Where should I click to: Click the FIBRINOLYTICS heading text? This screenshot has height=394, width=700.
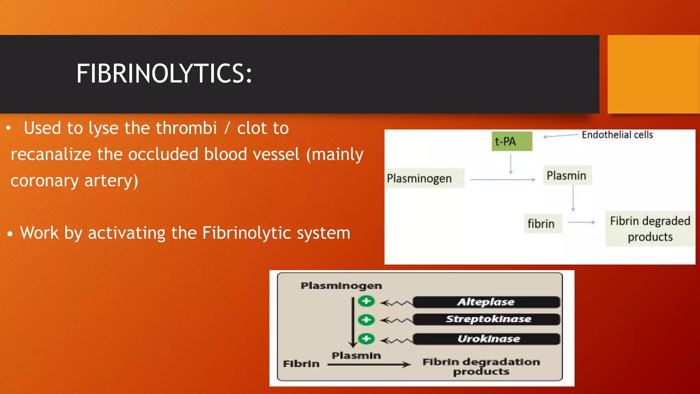point(164,74)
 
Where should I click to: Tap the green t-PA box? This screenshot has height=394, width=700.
point(512,141)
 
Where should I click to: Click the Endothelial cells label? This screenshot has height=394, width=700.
point(617,135)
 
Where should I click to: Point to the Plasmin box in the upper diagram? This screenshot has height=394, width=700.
point(567,175)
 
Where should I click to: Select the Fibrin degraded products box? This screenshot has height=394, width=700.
point(650,229)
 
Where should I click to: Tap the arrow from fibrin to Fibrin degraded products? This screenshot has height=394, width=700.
point(581,222)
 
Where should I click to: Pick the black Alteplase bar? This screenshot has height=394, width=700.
point(486,302)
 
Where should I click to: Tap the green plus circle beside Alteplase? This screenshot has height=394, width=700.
point(366,301)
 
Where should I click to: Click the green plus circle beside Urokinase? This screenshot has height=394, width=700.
point(366,339)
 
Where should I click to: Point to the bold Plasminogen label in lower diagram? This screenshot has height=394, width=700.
point(341,286)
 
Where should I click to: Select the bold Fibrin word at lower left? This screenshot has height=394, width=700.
point(301,364)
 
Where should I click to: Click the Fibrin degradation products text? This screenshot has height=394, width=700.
point(481,366)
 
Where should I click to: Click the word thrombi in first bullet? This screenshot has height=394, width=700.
point(186,128)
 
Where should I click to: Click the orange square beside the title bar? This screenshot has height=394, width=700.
point(653,74)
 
